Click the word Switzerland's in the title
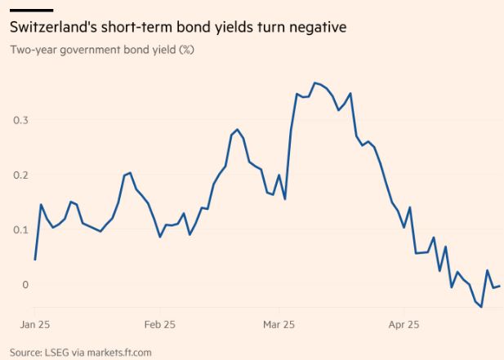pyautogui.click(x=50, y=28)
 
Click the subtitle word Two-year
pyautogui.click(x=33, y=50)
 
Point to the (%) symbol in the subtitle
pyautogui.click(x=185, y=50)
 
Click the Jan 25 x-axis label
pyautogui.click(x=34, y=325)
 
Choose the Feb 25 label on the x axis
pyautogui.click(x=158, y=325)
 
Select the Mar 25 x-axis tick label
pyautogui.click(x=279, y=325)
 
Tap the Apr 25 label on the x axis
pyautogui.click(x=404, y=325)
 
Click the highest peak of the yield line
pyautogui.click(x=314, y=82)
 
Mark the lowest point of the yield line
pyautogui.click(x=482, y=307)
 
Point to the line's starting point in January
pyautogui.click(x=35, y=260)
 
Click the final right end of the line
pyautogui.click(x=500, y=286)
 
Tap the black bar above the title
pyautogui.click(x=31, y=11)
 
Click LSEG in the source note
pyautogui.click(x=56, y=353)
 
